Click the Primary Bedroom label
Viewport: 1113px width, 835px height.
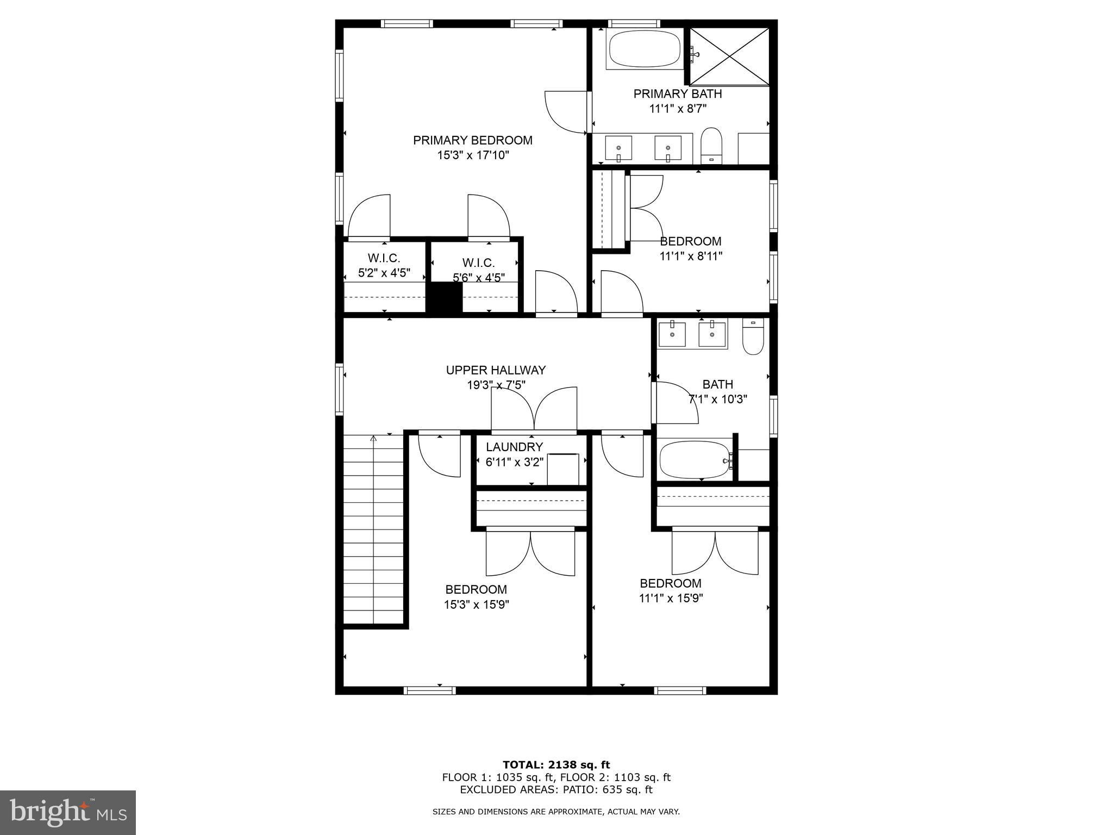pyautogui.click(x=473, y=140)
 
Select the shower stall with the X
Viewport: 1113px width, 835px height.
pyautogui.click(x=730, y=57)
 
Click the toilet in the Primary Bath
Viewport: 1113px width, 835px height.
pyautogui.click(x=711, y=146)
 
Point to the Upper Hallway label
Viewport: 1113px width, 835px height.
pyautogui.click(x=496, y=370)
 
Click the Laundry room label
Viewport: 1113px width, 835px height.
pyautogui.click(x=514, y=447)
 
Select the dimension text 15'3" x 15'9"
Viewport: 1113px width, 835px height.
pyautogui.click(x=477, y=605)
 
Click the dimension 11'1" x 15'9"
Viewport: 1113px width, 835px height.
pyautogui.click(x=671, y=599)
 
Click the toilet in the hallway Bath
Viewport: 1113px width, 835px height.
pyautogui.click(x=753, y=337)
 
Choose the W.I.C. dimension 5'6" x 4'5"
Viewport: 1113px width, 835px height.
pyautogui.click(x=479, y=277)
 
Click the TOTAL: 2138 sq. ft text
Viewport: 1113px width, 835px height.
pyautogui.click(x=556, y=765)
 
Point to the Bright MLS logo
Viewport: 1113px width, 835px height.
pyautogui.click(x=68, y=813)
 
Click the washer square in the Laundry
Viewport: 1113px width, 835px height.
pyautogui.click(x=563, y=469)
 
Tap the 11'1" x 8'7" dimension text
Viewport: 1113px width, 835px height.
pyautogui.click(x=678, y=109)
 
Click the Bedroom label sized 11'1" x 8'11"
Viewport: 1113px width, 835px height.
pyautogui.click(x=691, y=241)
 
